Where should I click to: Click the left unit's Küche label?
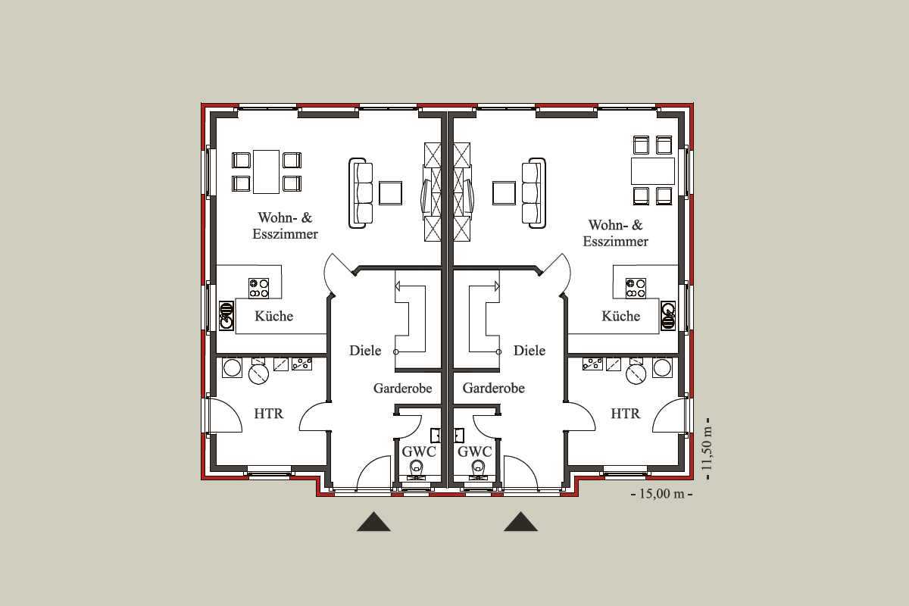click(x=274, y=316)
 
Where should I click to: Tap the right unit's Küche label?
click(x=621, y=316)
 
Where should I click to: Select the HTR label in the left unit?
click(x=269, y=414)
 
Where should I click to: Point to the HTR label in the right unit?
click(x=626, y=414)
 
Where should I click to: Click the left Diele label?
click(x=365, y=351)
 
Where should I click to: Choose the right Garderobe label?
click(x=493, y=389)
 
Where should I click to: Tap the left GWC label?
click(x=419, y=451)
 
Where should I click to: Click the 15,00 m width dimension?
click(x=662, y=494)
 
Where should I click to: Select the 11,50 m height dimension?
click(x=708, y=448)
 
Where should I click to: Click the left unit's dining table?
click(x=266, y=172)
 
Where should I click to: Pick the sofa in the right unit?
click(x=533, y=193)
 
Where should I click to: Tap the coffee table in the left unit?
click(x=391, y=193)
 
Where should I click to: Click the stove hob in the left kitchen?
click(x=258, y=288)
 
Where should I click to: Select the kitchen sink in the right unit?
click(x=668, y=315)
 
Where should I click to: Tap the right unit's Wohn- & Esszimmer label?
click(x=616, y=233)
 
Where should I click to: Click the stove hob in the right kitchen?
click(x=636, y=288)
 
